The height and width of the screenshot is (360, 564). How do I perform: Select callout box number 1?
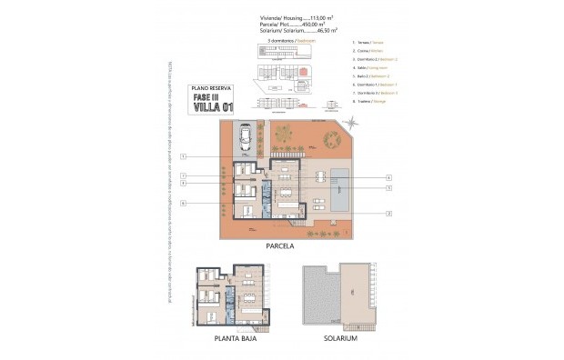pyautogui.click(x=184, y=156)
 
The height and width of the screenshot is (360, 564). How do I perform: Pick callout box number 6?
pyautogui.click(x=184, y=203)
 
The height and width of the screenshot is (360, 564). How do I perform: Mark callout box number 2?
pyautogui.click(x=388, y=213)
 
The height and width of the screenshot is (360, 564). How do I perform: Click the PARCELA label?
pyautogui.click(x=282, y=245)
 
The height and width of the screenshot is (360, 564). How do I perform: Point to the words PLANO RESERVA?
pyautogui.click(x=211, y=87)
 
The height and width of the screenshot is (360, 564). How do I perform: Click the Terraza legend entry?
pyautogui.click(x=365, y=44)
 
